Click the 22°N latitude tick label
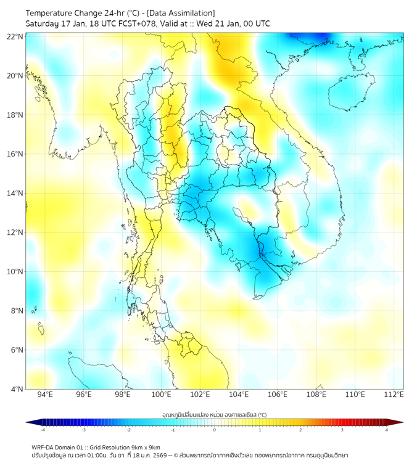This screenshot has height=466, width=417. coord(15,36)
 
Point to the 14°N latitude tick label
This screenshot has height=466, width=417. coord(15,193)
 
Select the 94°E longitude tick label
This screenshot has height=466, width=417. coord(45,395)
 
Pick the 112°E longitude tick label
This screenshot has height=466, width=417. coord(394,395)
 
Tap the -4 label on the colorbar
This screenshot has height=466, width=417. coord(42,430)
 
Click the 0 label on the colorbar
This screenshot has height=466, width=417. coord(215,430)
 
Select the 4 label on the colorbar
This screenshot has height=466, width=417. coord(387,430)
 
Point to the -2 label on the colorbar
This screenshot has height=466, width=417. coord(128,430)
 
